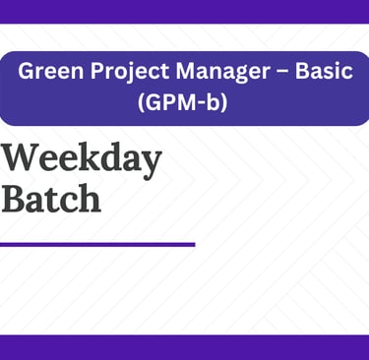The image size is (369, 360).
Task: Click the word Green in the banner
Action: coord(51,71)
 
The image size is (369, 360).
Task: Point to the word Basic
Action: coord(324,71)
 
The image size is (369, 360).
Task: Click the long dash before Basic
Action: coord(282,73)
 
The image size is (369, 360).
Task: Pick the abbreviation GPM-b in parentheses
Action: coord(182,102)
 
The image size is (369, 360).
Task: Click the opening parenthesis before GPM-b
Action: coord(141,103)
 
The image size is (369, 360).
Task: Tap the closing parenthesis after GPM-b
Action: coord(224,103)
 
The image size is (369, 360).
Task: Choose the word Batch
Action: coord(51,198)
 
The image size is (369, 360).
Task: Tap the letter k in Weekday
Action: coord(91,156)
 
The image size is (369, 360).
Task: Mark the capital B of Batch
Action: coord(14,199)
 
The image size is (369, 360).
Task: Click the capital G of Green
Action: coord(27,71)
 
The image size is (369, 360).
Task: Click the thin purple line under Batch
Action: coord(97,245)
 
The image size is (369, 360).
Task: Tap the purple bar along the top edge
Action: coord(184,12)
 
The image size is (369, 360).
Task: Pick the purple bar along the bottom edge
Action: coord(184,347)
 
